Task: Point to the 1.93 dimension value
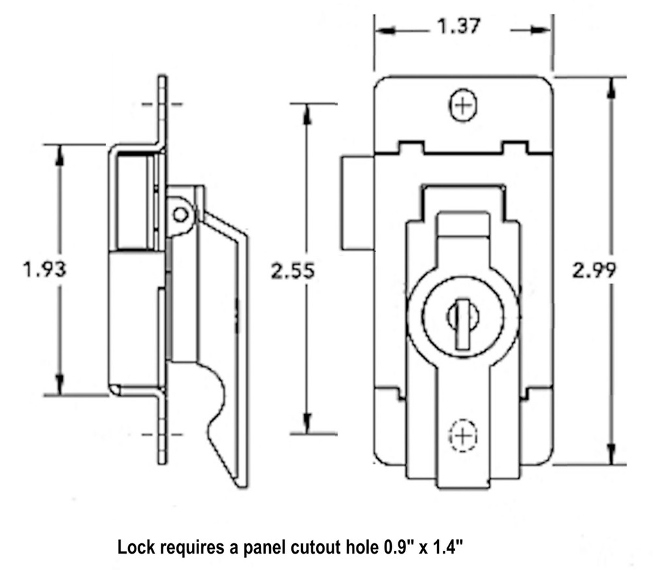click(x=44, y=269)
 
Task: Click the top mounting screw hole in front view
click(x=464, y=106)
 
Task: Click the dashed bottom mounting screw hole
click(x=463, y=435)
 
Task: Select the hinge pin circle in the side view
click(x=180, y=214)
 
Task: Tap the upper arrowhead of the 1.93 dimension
click(x=61, y=151)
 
